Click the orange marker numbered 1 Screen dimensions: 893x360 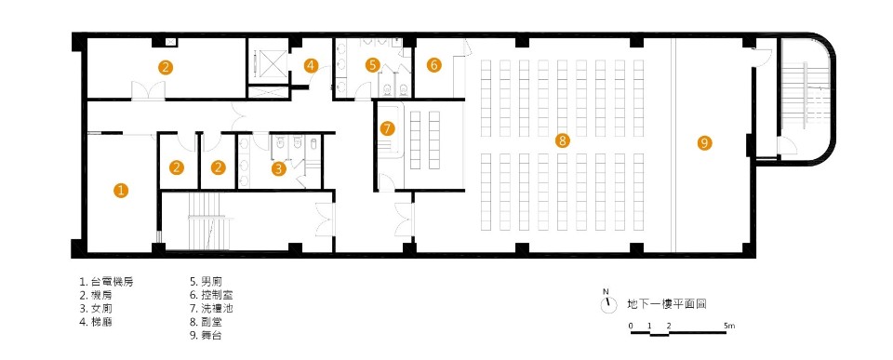[121, 190]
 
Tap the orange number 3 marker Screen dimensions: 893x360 [279, 168]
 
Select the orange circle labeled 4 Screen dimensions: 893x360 [312, 65]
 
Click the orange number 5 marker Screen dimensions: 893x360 [373, 65]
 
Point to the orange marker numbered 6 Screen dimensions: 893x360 [433, 65]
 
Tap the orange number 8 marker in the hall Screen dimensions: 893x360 [561, 140]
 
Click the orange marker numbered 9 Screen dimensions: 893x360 [704, 142]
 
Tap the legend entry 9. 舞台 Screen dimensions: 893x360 [206, 334]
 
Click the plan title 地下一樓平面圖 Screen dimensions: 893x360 [667, 303]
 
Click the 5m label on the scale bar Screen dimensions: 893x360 [729, 326]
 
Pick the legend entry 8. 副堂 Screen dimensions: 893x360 [206, 321]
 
